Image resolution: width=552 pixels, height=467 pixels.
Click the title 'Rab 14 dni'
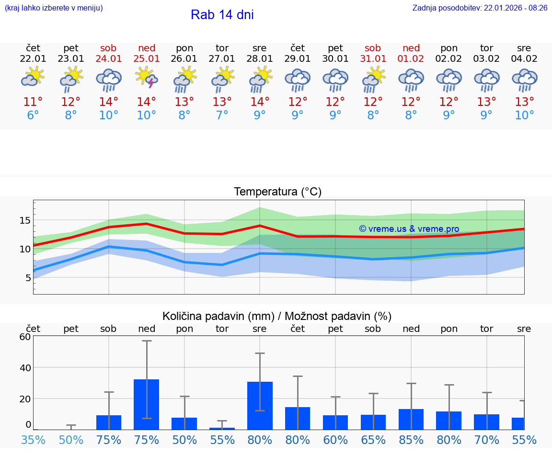click(222, 15)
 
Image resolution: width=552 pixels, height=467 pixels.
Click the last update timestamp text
click(480, 8)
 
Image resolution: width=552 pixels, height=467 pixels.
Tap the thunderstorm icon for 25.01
click(147, 79)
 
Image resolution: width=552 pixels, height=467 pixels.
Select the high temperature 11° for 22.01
click(33, 102)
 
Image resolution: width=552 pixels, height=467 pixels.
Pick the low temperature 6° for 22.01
click(33, 115)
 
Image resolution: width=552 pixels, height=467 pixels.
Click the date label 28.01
click(260, 59)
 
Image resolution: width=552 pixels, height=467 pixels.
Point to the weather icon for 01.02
click(411, 80)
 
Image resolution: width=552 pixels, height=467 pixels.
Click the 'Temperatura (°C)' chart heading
click(277, 192)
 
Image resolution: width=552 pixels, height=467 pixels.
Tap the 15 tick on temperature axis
click(24, 220)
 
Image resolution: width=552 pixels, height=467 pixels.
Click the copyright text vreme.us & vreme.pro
click(409, 229)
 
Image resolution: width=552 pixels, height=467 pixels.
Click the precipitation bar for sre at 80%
click(260, 405)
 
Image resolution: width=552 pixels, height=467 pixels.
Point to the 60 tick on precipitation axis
click(25, 337)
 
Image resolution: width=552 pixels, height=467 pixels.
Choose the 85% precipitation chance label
click(411, 440)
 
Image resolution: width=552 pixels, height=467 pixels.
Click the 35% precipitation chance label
click(33, 440)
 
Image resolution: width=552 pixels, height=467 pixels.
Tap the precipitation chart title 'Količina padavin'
click(277, 316)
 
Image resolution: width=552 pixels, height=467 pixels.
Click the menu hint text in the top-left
click(54, 8)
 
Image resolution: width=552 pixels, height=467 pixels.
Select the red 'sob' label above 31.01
click(373, 48)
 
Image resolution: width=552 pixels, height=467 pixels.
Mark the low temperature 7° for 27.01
click(222, 115)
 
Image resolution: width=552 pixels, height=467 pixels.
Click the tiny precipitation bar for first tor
click(222, 428)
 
